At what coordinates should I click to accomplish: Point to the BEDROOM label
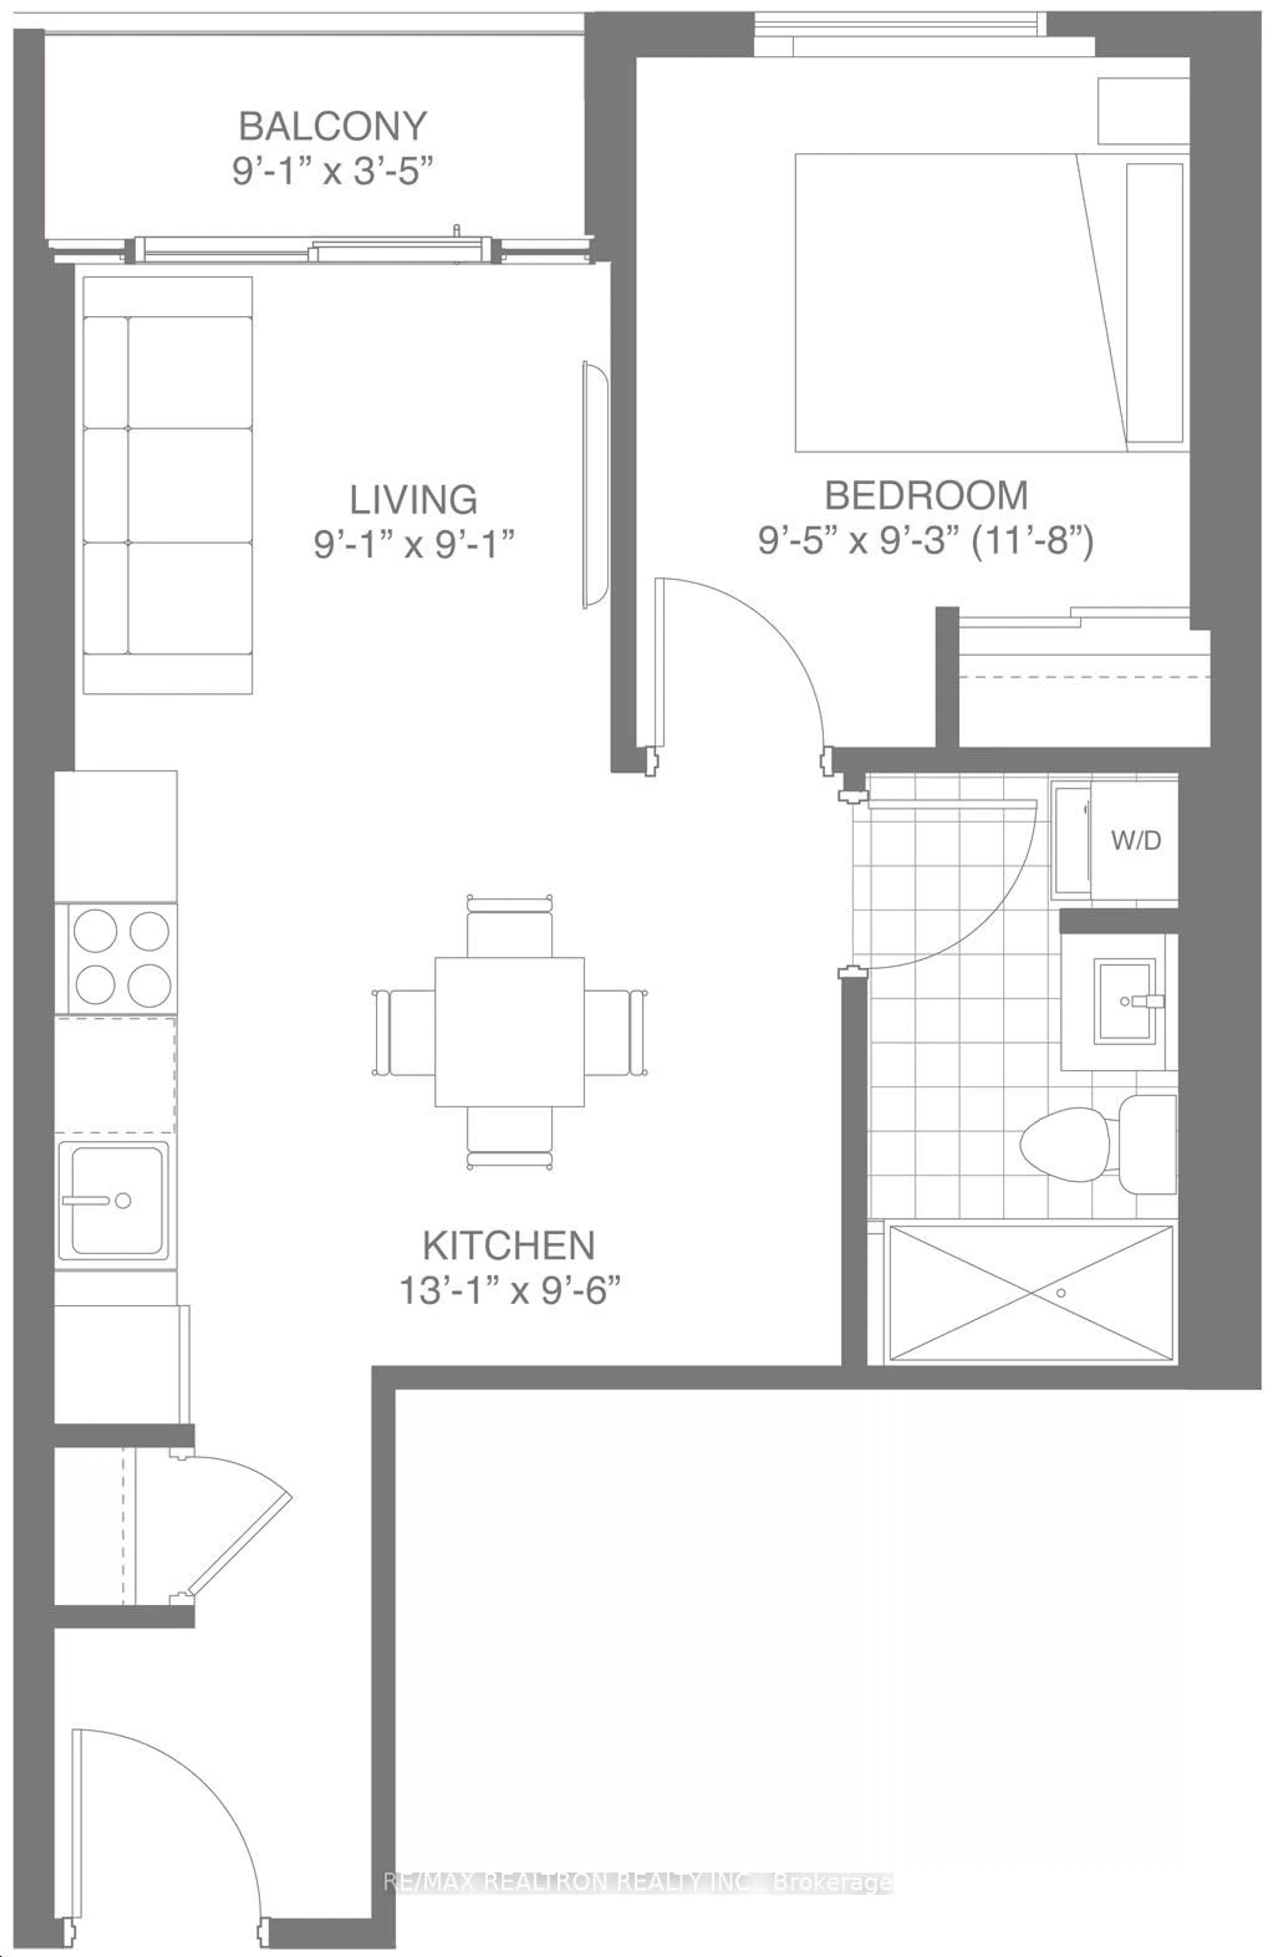click(926, 495)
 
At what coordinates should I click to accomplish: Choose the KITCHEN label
click(508, 1246)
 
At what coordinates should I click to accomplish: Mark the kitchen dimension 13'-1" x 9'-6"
click(508, 1291)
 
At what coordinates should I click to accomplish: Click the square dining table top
click(509, 1031)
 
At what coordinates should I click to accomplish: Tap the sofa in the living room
click(168, 485)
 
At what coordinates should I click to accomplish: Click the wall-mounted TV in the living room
click(594, 485)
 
